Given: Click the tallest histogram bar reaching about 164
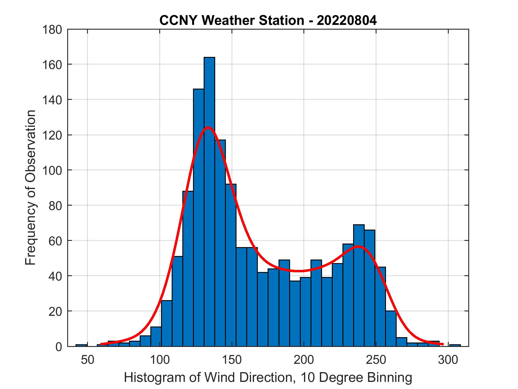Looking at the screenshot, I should (209, 201).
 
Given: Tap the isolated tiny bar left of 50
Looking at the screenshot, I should (81, 345).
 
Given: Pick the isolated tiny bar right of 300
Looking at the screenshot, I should (455, 345).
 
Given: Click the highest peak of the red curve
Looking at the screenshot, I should (208, 127).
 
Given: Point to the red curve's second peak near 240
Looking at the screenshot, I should (358, 246).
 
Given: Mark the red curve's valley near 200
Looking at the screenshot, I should (300, 271).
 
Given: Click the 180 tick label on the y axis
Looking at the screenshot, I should (52, 30).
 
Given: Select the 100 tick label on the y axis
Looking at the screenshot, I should (52, 170).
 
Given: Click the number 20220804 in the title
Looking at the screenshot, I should (347, 21).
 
